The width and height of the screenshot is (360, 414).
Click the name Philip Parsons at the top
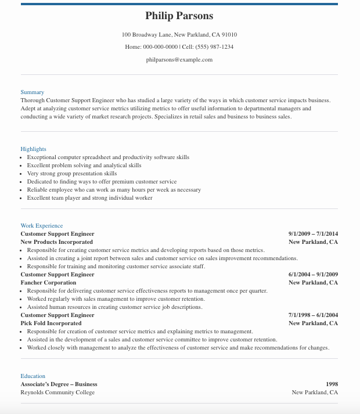(179, 16)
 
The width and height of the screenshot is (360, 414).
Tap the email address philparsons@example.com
(179, 59)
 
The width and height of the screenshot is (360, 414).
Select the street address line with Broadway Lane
(179, 35)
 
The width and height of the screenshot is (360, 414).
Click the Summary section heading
(32, 92)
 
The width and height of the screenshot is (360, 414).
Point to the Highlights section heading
(33, 149)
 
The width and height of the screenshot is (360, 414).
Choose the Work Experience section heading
(42, 226)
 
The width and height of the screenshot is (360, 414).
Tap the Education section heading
(33, 376)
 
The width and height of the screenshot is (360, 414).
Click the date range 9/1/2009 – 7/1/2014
(313, 234)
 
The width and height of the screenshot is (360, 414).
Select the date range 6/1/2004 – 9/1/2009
(313, 275)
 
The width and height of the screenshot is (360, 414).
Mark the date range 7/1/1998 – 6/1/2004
(313, 315)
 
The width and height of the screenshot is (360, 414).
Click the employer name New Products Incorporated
(57, 242)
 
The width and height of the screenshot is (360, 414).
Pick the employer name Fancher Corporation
(48, 283)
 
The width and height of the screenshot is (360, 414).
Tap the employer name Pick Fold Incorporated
(51, 323)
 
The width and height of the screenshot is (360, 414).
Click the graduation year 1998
(332, 384)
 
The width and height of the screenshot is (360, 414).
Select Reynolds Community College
(57, 393)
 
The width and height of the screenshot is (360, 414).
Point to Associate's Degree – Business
(59, 384)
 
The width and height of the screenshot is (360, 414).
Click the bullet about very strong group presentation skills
(72, 174)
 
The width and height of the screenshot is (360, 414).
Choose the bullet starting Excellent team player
(89, 198)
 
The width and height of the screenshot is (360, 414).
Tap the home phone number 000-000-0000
(160, 47)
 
